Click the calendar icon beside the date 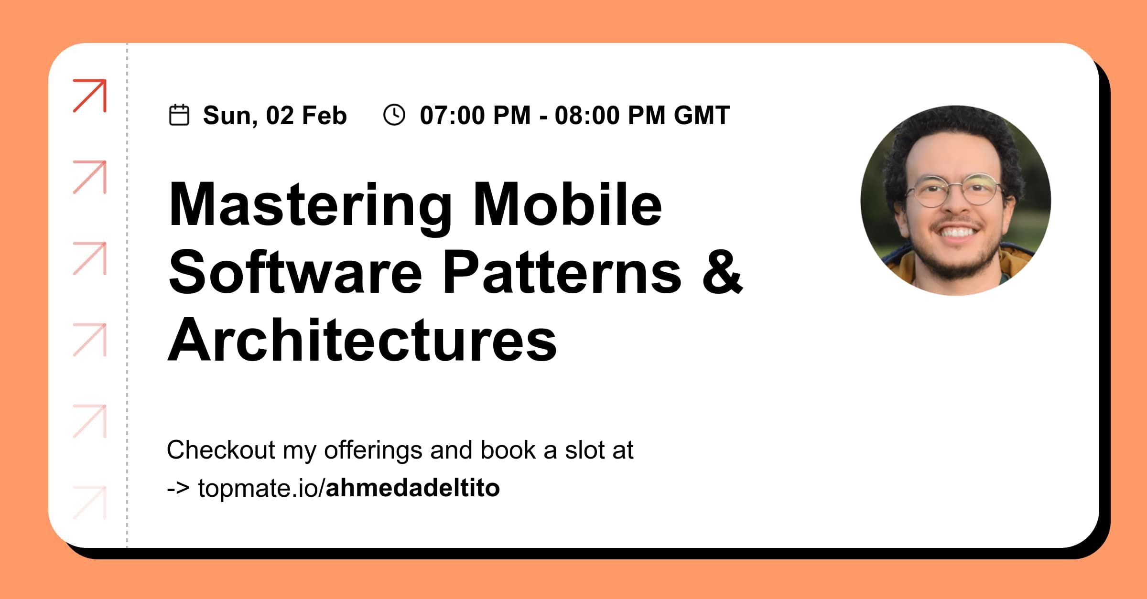[179, 115]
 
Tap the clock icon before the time [394, 115]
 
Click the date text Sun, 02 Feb [275, 116]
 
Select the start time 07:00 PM [475, 116]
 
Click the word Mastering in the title [310, 205]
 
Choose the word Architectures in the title [362, 340]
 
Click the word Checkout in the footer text [221, 450]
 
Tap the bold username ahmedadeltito [412, 488]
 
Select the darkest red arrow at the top [90, 96]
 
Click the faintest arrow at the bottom [90, 503]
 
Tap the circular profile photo [955, 201]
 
